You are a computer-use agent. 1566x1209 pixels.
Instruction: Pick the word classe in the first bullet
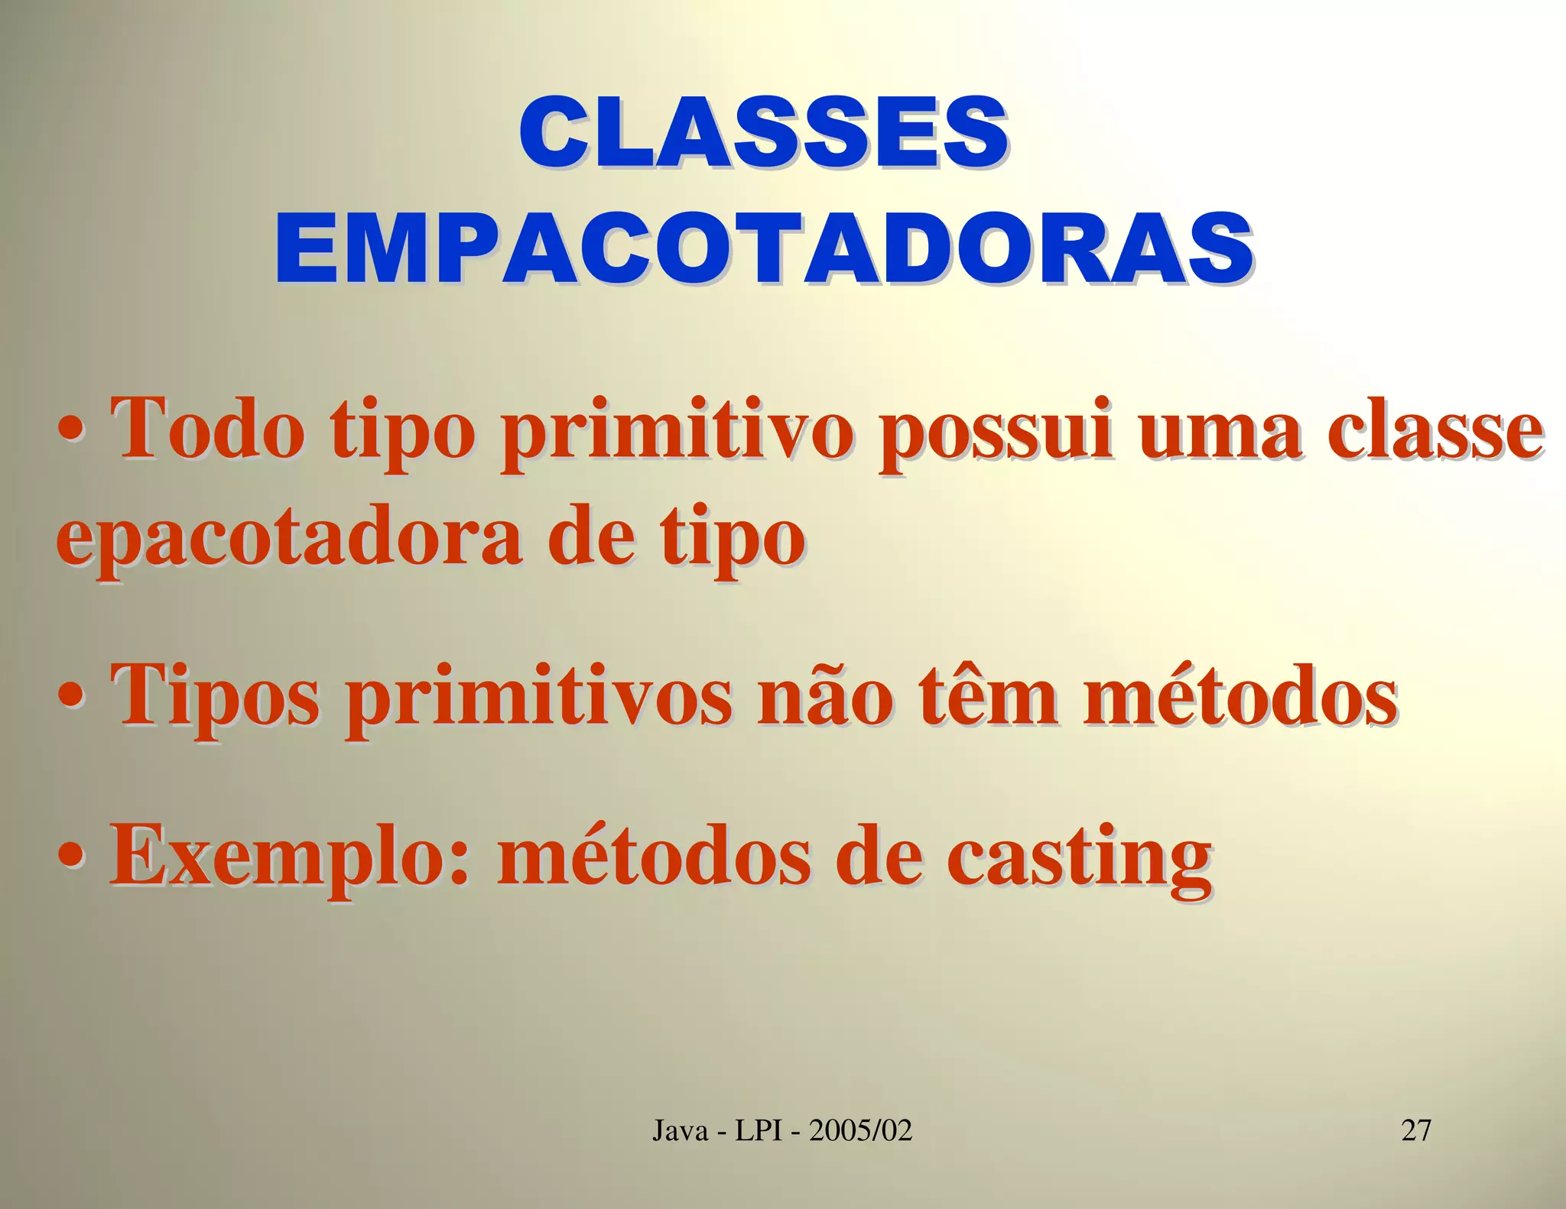(x=1434, y=429)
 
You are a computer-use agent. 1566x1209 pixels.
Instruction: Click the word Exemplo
(x=288, y=859)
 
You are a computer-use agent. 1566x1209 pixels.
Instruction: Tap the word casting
(x=1079, y=859)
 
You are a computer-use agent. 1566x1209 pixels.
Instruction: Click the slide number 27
(x=1415, y=1129)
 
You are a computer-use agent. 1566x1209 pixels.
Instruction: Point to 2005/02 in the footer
(x=861, y=1129)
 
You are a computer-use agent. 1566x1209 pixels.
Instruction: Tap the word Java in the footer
(x=681, y=1129)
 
